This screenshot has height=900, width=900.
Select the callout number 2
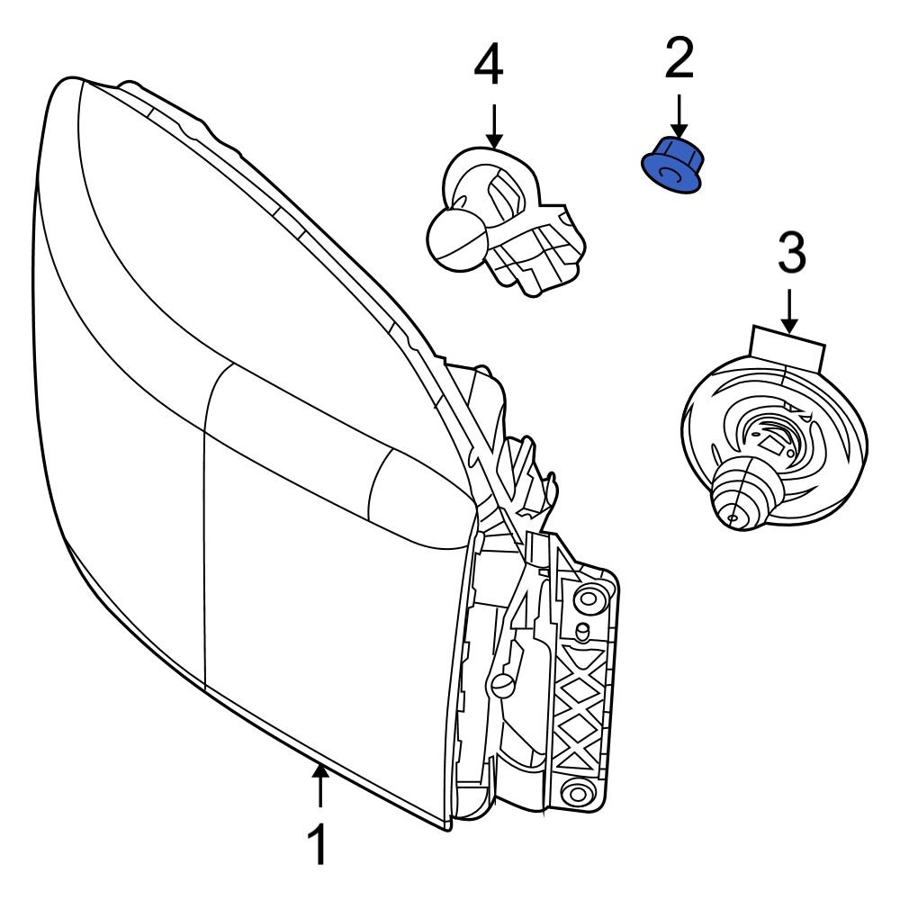point(679,58)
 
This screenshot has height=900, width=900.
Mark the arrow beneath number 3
point(790,310)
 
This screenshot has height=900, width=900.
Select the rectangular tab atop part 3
point(787,346)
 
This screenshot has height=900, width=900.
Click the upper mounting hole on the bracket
point(590,597)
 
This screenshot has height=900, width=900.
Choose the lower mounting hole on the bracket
point(577,792)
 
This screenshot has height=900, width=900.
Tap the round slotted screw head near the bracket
point(501,686)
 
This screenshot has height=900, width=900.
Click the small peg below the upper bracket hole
point(582,631)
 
